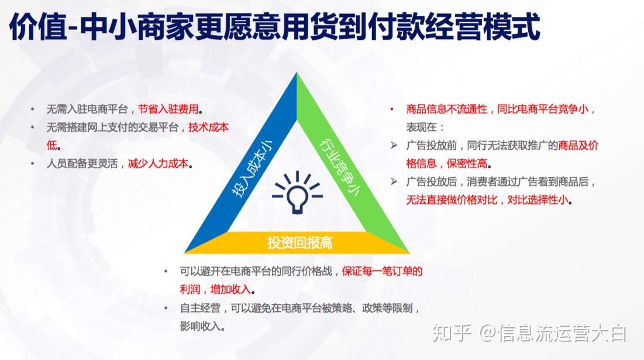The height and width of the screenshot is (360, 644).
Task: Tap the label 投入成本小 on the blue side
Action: tap(252, 169)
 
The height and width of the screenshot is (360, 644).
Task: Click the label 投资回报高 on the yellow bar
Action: tap(300, 243)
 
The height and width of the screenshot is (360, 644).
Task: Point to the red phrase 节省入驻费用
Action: tap(168, 109)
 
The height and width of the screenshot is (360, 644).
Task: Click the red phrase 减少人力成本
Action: tap(158, 163)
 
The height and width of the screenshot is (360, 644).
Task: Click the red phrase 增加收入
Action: tap(230, 289)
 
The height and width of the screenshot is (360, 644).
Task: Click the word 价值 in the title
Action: tap(37, 27)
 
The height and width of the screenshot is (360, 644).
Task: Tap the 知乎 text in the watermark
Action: tap(452, 333)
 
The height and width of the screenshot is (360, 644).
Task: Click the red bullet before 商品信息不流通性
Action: tap(392, 109)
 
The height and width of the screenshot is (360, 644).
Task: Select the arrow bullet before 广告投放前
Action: tap(394, 145)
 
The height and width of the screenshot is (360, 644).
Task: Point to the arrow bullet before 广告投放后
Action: tap(394, 181)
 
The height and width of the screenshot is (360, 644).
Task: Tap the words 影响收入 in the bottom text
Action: tap(200, 326)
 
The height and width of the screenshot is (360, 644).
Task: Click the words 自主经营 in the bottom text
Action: tap(200, 308)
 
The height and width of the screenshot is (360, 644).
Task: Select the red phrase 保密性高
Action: tap(467, 163)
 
